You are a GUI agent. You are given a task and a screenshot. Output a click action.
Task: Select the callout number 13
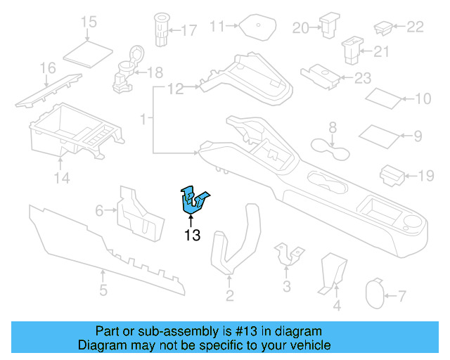click(193, 236)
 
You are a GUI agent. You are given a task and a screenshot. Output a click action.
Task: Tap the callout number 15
click(89, 22)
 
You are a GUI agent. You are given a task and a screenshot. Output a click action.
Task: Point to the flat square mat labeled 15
click(89, 51)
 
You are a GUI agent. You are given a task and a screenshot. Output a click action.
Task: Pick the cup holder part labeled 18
click(127, 72)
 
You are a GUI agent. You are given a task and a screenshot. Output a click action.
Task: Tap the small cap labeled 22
click(384, 28)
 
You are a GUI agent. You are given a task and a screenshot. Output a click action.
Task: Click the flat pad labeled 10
click(386, 96)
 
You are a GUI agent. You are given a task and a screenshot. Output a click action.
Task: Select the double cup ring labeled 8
click(333, 148)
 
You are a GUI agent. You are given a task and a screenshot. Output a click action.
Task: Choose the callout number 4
click(336, 306)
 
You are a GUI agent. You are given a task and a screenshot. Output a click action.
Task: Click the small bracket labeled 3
click(287, 255)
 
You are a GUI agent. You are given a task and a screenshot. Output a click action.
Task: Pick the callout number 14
click(63, 179)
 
